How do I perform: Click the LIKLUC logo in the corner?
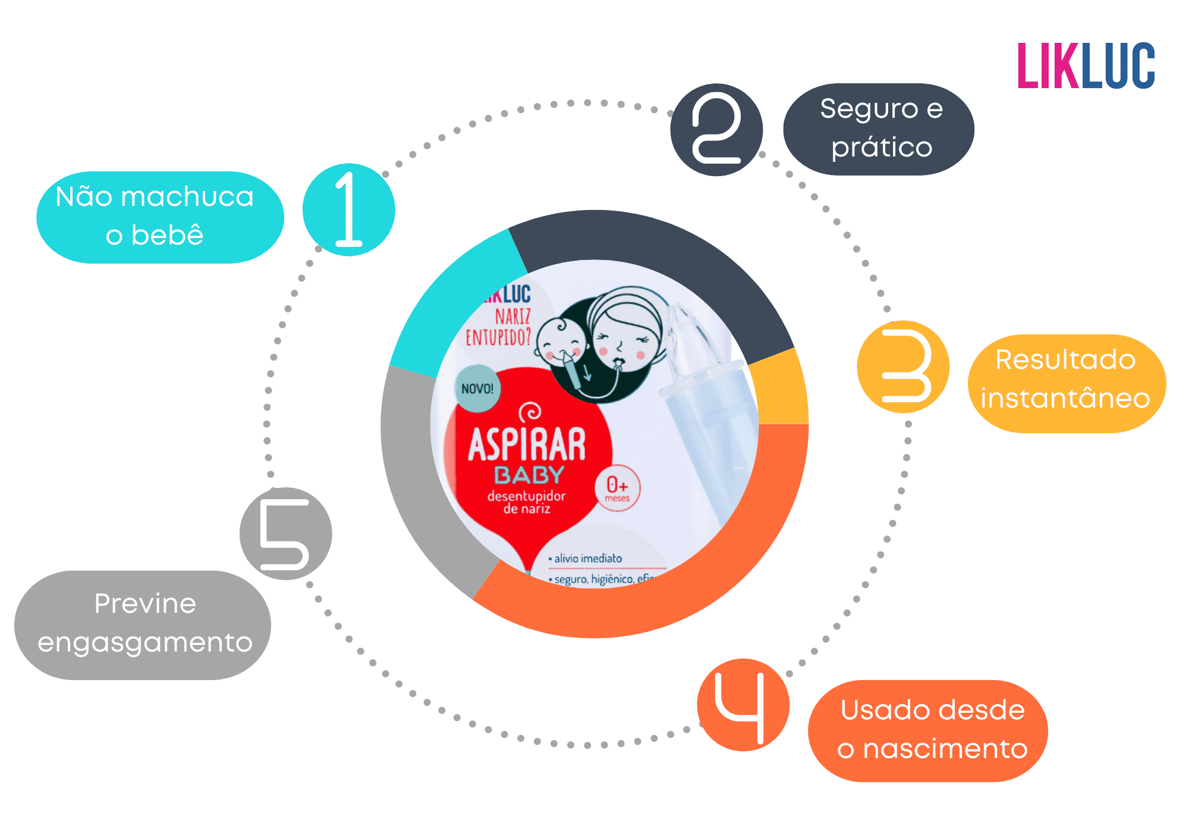point(1086,66)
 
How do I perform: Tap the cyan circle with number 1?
point(349,209)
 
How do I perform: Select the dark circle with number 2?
point(716,130)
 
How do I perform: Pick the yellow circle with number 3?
point(903,367)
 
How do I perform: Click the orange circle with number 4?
point(743,705)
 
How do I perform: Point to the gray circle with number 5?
point(286,534)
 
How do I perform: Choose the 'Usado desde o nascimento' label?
point(928,731)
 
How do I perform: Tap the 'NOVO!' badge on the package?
point(477,389)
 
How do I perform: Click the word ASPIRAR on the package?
point(527,445)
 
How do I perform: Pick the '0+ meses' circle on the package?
point(617,488)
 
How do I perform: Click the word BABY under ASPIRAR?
point(529,475)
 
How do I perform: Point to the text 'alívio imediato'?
point(587,559)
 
